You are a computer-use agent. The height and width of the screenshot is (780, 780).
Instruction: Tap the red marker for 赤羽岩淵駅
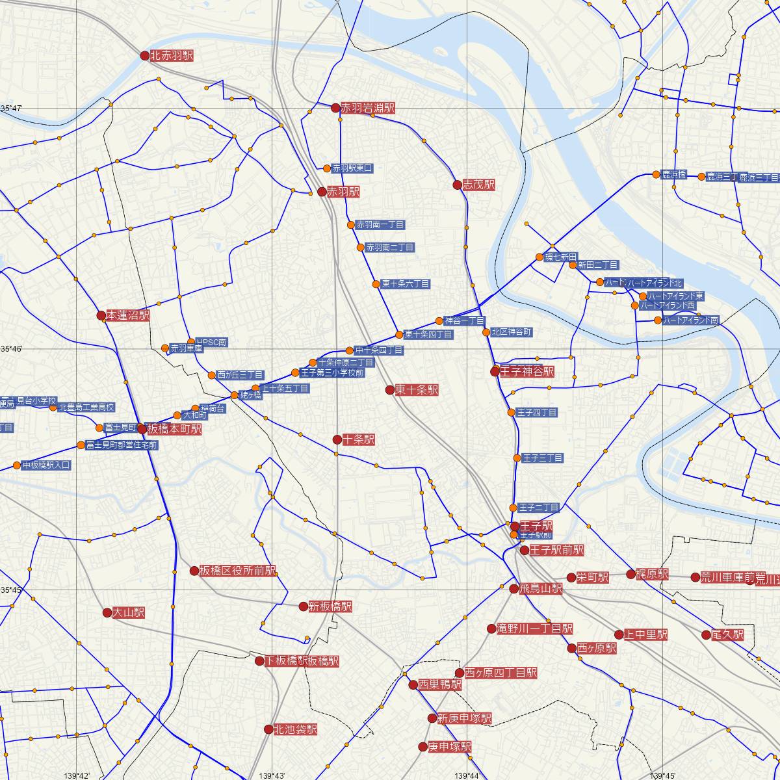coord(335,108)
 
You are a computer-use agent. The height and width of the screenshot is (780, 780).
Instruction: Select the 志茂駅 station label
coord(479,185)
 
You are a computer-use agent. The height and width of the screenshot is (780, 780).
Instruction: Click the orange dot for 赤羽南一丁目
coord(351,225)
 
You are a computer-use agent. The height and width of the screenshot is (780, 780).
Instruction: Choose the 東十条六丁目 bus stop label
coord(406,284)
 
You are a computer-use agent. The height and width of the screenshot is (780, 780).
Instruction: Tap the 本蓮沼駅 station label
coord(128,316)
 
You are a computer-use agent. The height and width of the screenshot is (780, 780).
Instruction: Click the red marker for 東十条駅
coord(390,390)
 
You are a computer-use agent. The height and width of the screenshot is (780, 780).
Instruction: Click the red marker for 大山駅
coord(107,612)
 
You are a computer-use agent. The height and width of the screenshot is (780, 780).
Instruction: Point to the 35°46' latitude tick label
coord(12,350)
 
